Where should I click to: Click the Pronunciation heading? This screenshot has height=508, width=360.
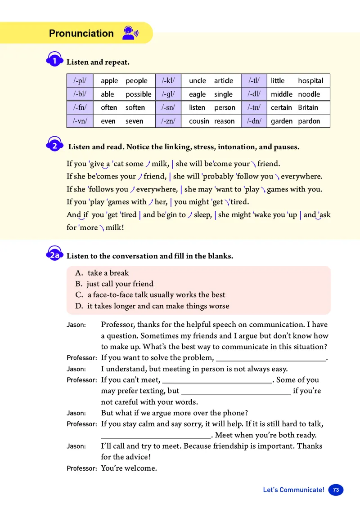click(x=81, y=33)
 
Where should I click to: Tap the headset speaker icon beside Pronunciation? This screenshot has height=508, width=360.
click(x=130, y=33)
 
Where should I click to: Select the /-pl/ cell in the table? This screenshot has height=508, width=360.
click(x=80, y=81)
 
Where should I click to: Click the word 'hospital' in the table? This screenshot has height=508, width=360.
click(x=310, y=81)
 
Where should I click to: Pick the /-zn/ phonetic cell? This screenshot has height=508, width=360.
click(x=168, y=121)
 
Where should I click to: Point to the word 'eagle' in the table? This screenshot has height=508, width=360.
click(x=197, y=94)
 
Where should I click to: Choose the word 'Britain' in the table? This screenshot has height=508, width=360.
click(x=308, y=108)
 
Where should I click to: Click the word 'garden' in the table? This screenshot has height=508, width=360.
click(x=282, y=121)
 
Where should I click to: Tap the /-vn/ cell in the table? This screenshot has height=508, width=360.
click(x=80, y=121)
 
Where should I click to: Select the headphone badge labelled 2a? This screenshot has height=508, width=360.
click(x=54, y=255)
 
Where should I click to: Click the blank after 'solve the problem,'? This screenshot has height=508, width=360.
click(x=270, y=358)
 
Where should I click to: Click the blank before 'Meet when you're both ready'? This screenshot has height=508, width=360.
click(x=156, y=436)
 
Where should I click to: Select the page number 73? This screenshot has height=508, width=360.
click(x=336, y=490)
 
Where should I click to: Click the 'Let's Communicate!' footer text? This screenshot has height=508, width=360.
click(x=293, y=490)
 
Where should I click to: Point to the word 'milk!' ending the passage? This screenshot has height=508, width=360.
click(x=115, y=227)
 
